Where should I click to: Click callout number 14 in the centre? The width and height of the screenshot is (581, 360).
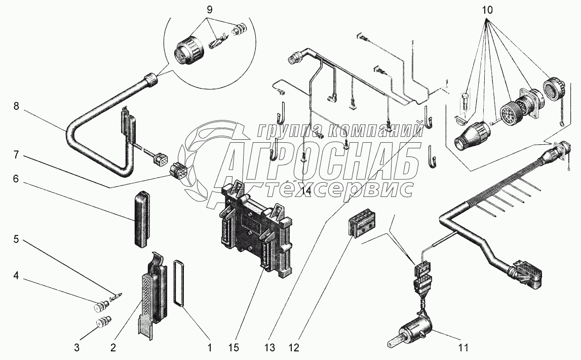point(304,191)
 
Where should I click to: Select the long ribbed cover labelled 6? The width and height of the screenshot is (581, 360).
point(143,218)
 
